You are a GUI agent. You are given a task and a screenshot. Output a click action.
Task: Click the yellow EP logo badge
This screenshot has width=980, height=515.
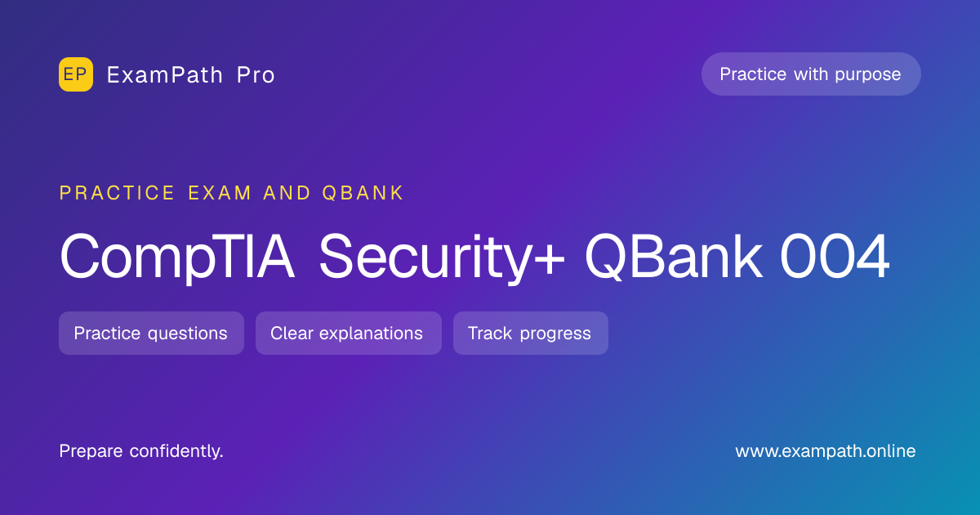(76, 74)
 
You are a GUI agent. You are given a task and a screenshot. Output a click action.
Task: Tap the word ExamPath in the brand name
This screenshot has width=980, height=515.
(165, 75)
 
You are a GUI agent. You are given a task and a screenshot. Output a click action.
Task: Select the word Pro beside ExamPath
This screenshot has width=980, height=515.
(256, 75)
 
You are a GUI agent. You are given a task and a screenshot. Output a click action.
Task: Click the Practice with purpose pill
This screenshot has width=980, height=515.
(811, 74)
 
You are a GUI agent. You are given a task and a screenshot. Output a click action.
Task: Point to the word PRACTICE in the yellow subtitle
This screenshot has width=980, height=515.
(117, 193)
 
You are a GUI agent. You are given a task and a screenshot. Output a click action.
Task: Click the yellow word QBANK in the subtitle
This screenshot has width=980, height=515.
(363, 193)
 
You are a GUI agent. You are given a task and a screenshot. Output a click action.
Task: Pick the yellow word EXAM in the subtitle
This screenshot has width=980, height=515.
(220, 193)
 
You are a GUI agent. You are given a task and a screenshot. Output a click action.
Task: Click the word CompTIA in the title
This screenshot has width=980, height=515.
(176, 256)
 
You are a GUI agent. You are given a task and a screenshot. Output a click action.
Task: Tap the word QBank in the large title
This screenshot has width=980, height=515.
(674, 256)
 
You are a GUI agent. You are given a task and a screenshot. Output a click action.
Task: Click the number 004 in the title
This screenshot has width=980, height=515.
(835, 256)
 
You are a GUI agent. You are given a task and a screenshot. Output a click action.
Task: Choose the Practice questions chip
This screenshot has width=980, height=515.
(151, 334)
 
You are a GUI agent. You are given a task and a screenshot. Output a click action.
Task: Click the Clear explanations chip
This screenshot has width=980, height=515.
(349, 334)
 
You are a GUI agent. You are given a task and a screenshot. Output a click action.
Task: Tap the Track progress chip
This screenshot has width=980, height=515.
(531, 334)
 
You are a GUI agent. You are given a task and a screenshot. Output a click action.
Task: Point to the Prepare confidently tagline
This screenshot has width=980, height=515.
(141, 451)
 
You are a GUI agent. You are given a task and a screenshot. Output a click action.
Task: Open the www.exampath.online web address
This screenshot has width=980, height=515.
(825, 451)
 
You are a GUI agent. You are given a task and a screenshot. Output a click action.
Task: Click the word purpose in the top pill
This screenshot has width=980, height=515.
(867, 75)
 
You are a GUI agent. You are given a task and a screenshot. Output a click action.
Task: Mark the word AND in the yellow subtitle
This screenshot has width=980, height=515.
(287, 193)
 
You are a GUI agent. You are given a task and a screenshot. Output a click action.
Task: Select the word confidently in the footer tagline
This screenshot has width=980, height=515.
(176, 451)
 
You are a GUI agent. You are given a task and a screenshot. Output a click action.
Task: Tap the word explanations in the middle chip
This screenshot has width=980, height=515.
(371, 334)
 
